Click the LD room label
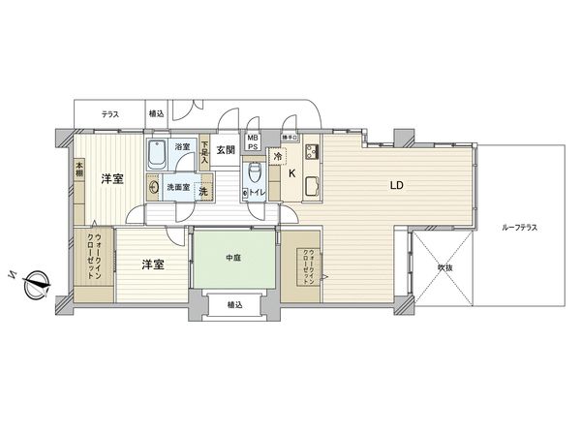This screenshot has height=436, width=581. pyautogui.click(x=396, y=184)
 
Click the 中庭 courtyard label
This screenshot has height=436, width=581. pyautogui.click(x=232, y=257)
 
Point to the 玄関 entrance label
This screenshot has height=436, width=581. pyautogui.click(x=227, y=149)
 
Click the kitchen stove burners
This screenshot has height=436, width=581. pyautogui.click(x=313, y=152)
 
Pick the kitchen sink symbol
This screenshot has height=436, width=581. pyautogui.click(x=313, y=186)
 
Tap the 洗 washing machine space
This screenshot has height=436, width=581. pyautogui.click(x=203, y=191)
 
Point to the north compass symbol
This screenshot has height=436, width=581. pyautogui.click(x=37, y=283)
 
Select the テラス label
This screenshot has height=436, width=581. pyautogui.click(x=110, y=114)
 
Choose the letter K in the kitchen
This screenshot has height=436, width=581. pyautogui.click(x=293, y=174)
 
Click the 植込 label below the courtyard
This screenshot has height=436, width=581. pyautogui.click(x=234, y=304)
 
